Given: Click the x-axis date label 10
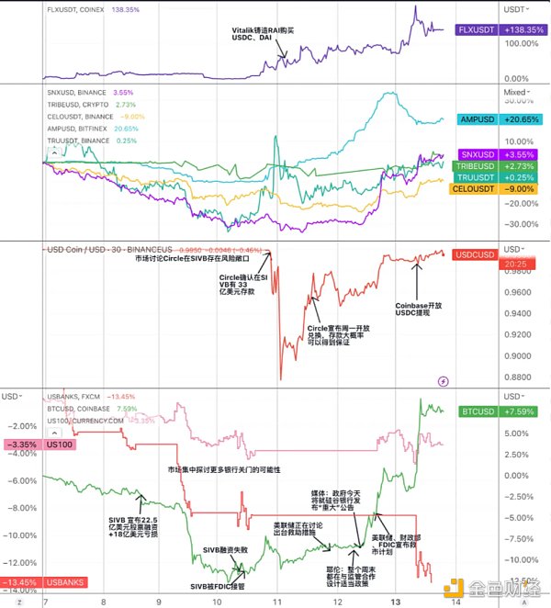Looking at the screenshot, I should (x=216, y=601).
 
